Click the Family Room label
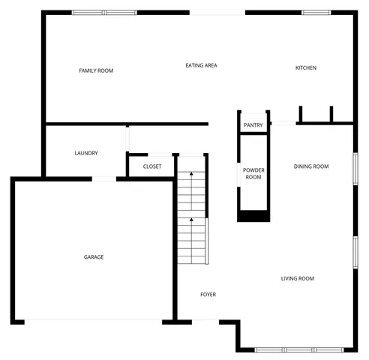[96, 70]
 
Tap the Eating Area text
[201, 66]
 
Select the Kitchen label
[305, 68]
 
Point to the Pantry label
[253, 125]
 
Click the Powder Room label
[253, 173]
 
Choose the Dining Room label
[311, 166]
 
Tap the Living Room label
[297, 279]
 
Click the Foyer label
[208, 295]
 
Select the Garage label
[94, 257]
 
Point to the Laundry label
[86, 154]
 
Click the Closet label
[151, 166]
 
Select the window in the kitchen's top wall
[316, 12]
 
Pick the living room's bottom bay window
[298, 349]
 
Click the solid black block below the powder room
[253, 216]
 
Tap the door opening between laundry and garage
[103, 178]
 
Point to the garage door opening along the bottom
[94, 322]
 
